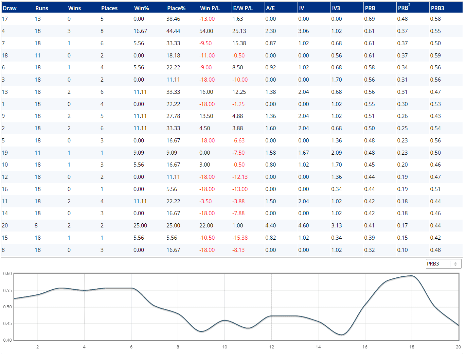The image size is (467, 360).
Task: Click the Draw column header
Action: [x=10, y=8]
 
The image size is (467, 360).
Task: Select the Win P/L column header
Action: [x=210, y=8]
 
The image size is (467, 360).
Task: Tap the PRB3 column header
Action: [x=437, y=8]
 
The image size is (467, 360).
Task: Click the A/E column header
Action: [x=270, y=8]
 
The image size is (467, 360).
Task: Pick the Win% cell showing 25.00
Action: [x=140, y=225]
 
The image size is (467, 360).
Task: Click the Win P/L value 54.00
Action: [x=206, y=31]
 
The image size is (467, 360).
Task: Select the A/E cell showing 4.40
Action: [x=270, y=225]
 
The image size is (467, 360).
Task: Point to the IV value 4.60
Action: [x=303, y=225]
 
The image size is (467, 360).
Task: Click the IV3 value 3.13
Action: [x=336, y=225]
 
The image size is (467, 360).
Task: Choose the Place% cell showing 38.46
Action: [x=173, y=19]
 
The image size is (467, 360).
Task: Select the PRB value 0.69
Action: [x=369, y=19]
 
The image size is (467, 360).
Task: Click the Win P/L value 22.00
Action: [x=206, y=225]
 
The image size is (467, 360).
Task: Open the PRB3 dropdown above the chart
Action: [x=444, y=264]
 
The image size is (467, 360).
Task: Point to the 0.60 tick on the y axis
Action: [x=7, y=273]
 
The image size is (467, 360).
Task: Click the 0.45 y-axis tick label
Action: [x=7, y=323]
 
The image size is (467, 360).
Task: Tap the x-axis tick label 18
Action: [x=412, y=347]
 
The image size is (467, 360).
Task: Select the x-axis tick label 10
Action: [x=224, y=347]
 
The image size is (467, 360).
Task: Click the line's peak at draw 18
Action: [x=412, y=276]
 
